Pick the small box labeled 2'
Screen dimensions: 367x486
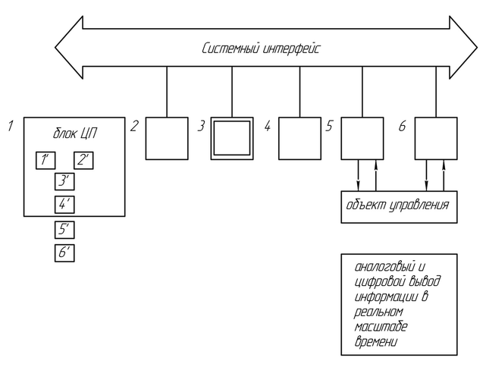(83, 161)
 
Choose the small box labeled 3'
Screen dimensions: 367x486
(64, 181)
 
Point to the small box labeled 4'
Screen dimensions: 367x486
(64, 204)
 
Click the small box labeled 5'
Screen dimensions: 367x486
(64, 230)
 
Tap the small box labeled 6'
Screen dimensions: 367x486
(64, 253)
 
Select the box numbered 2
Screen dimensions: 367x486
(166, 138)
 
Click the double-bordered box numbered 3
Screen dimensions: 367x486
(231, 138)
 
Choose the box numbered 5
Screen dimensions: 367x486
(362, 138)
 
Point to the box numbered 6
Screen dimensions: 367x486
(436, 138)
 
